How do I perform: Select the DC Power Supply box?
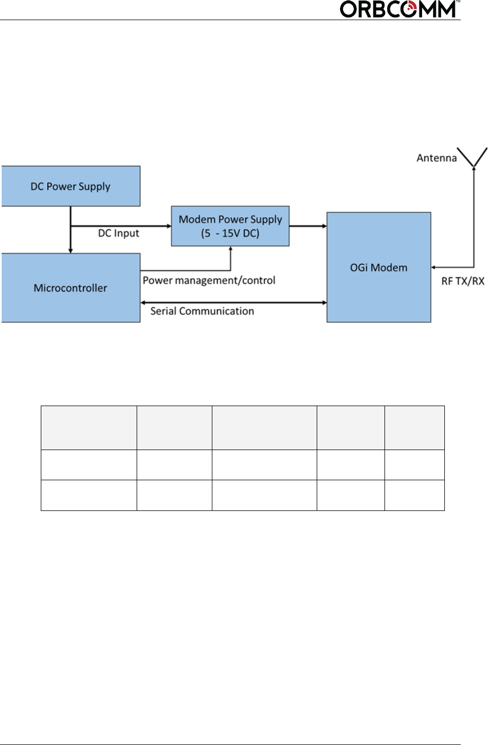[x=70, y=186]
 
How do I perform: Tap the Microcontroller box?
[x=70, y=288]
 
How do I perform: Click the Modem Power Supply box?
[x=230, y=226]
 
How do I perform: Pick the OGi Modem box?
[x=378, y=267]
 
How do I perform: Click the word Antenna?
[x=436, y=158]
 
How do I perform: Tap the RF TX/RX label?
[x=462, y=281]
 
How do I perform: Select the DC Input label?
[x=118, y=233]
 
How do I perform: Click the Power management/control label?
[x=209, y=280]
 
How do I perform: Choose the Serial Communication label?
[x=202, y=311]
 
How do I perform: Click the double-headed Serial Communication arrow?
[x=233, y=302]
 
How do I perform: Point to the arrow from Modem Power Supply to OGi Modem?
[x=308, y=226]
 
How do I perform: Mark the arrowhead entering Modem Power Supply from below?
[x=230, y=249]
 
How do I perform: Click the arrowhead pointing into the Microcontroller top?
[x=70, y=250]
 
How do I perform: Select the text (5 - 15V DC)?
[x=230, y=233]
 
